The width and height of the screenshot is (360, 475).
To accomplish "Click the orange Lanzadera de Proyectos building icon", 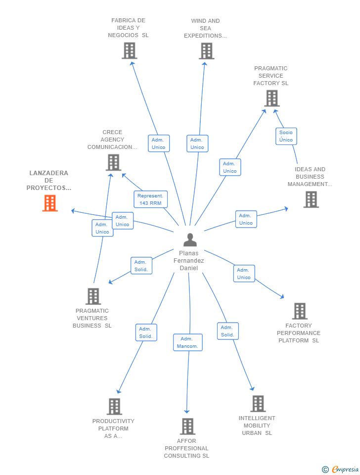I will [50, 203].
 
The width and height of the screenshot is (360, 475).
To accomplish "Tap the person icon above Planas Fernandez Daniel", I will [190, 239].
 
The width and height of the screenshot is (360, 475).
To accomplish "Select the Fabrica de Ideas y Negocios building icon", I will [129, 50].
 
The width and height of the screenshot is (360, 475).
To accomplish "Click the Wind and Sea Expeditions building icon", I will [206, 50].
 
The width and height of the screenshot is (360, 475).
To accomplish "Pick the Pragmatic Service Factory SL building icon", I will [271, 98].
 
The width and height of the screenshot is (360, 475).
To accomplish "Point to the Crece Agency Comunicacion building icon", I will [113, 162].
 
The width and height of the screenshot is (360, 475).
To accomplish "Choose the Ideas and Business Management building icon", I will [311, 199].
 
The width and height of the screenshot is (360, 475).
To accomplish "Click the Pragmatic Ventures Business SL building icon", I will [93, 296].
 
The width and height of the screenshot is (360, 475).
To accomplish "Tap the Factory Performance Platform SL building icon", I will [299, 311].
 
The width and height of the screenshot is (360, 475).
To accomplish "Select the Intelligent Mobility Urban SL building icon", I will [258, 404].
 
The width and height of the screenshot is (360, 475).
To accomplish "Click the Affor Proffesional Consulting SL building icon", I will [187, 427].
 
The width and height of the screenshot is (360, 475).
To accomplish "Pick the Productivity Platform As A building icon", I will [114, 407].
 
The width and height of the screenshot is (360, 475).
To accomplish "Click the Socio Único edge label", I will [286, 136].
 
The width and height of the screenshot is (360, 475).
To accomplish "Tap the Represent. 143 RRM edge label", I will [150, 199].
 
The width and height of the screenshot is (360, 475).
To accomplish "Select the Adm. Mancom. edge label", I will [187, 342].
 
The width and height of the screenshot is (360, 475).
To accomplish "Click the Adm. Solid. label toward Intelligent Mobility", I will [227, 331].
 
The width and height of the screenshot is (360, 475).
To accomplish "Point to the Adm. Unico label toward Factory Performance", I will [244, 274].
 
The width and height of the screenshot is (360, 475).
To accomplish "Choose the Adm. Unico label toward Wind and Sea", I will [197, 143].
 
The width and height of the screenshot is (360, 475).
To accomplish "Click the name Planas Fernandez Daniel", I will [189, 261].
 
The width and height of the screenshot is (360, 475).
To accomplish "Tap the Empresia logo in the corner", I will [341, 469].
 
